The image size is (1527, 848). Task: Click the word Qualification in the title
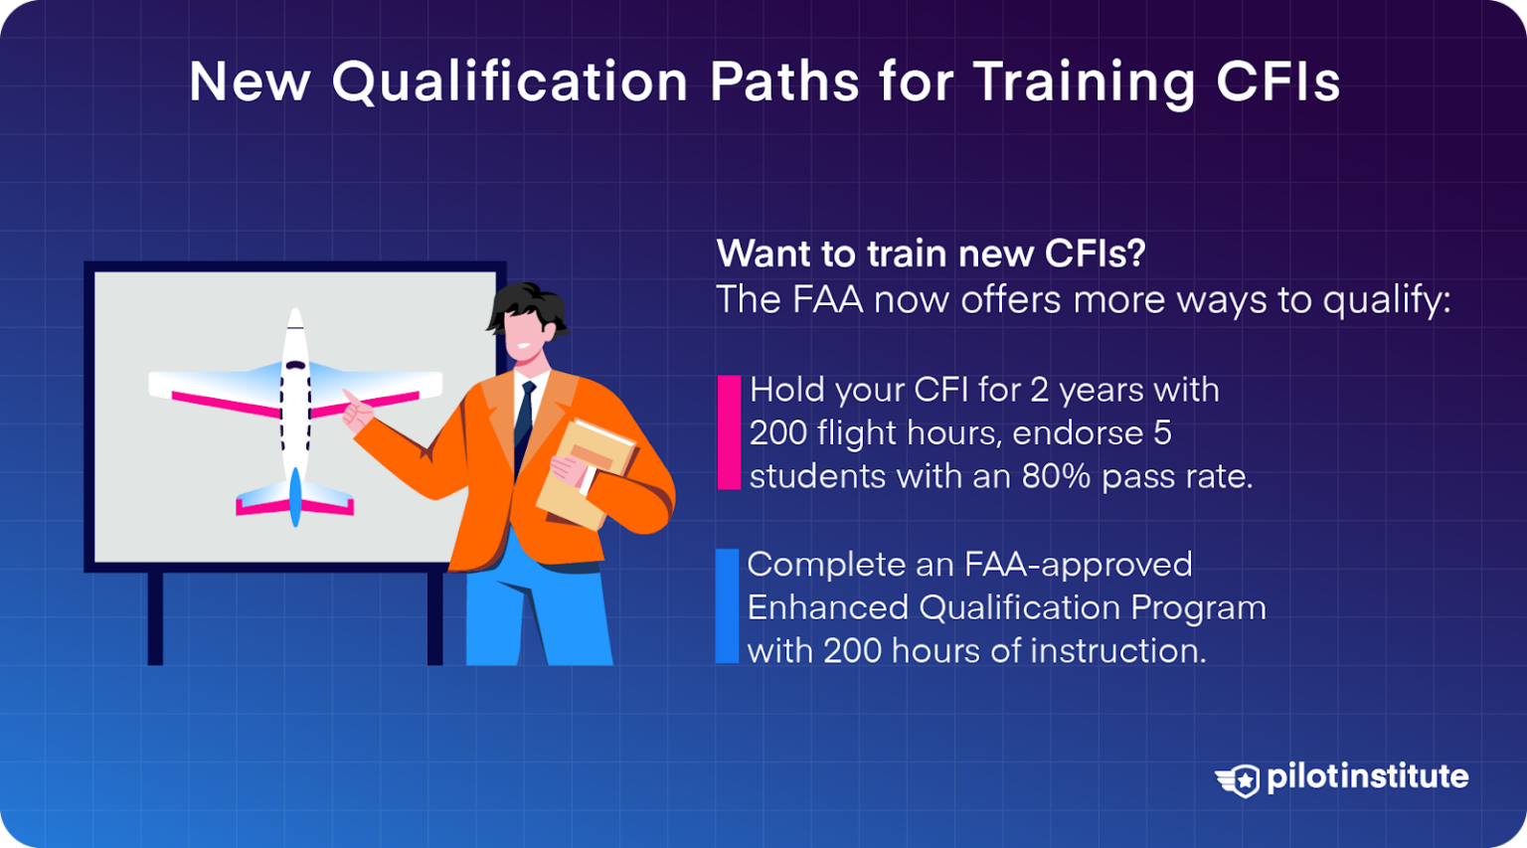[x=509, y=82]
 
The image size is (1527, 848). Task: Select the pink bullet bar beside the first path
[x=729, y=432]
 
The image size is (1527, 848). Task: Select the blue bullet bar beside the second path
[x=727, y=606]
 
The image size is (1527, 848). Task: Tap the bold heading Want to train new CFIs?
[x=931, y=254]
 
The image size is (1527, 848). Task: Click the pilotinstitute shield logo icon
[x=1239, y=779]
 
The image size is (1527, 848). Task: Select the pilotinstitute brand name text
[x=1367, y=776]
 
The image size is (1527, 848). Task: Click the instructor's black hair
[x=527, y=304]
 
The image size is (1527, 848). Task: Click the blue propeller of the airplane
[x=295, y=496]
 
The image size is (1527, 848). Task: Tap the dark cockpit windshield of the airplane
[x=295, y=365]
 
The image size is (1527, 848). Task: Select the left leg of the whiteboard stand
[x=155, y=617]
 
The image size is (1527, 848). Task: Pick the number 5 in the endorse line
[x=1162, y=433]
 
